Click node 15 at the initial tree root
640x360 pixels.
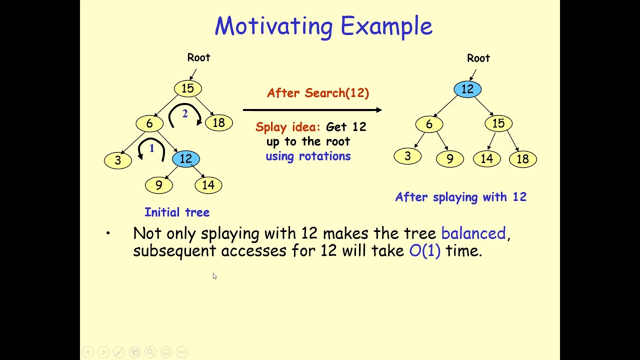point(187,88)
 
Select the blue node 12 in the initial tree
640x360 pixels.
point(185,159)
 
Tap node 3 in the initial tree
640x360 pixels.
point(118,160)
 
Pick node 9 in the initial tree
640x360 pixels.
point(159,185)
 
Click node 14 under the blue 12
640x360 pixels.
point(208,185)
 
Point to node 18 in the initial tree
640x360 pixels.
point(218,123)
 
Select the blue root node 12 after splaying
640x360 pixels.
point(467,89)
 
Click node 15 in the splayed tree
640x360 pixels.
point(498,123)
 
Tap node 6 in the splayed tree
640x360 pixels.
point(429,124)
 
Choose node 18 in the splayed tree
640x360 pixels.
point(522,159)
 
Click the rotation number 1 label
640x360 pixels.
point(151,148)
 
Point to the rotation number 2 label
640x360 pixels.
point(184,114)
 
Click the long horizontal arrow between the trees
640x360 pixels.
point(312,110)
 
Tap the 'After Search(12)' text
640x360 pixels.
point(318,93)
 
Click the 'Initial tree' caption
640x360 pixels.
point(177,212)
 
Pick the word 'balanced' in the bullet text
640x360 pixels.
point(473,233)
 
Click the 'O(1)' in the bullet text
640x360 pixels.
point(424,251)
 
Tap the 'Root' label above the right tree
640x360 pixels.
point(478,58)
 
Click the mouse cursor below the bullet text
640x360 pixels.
point(214,276)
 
